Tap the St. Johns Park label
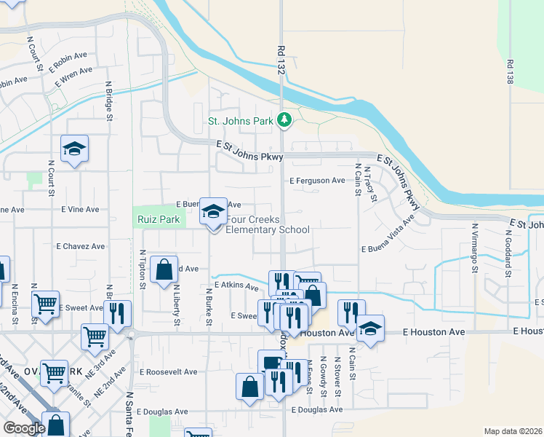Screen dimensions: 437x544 click(239, 121)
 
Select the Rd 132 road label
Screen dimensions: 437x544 click(281, 60)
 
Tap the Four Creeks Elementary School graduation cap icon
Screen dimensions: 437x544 click(213, 212)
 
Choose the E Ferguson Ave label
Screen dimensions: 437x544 click(317, 180)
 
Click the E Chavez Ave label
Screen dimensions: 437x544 click(80, 246)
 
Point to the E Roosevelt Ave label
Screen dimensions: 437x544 click(168, 371)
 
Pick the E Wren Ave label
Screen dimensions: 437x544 click(76, 71)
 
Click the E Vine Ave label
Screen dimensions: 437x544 click(80, 209)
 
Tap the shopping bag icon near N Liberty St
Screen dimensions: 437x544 click(166, 269)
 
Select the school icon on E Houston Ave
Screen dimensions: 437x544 click(370, 329)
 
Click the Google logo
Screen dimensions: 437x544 click(24, 428)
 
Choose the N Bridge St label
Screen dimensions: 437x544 click(110, 101)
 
